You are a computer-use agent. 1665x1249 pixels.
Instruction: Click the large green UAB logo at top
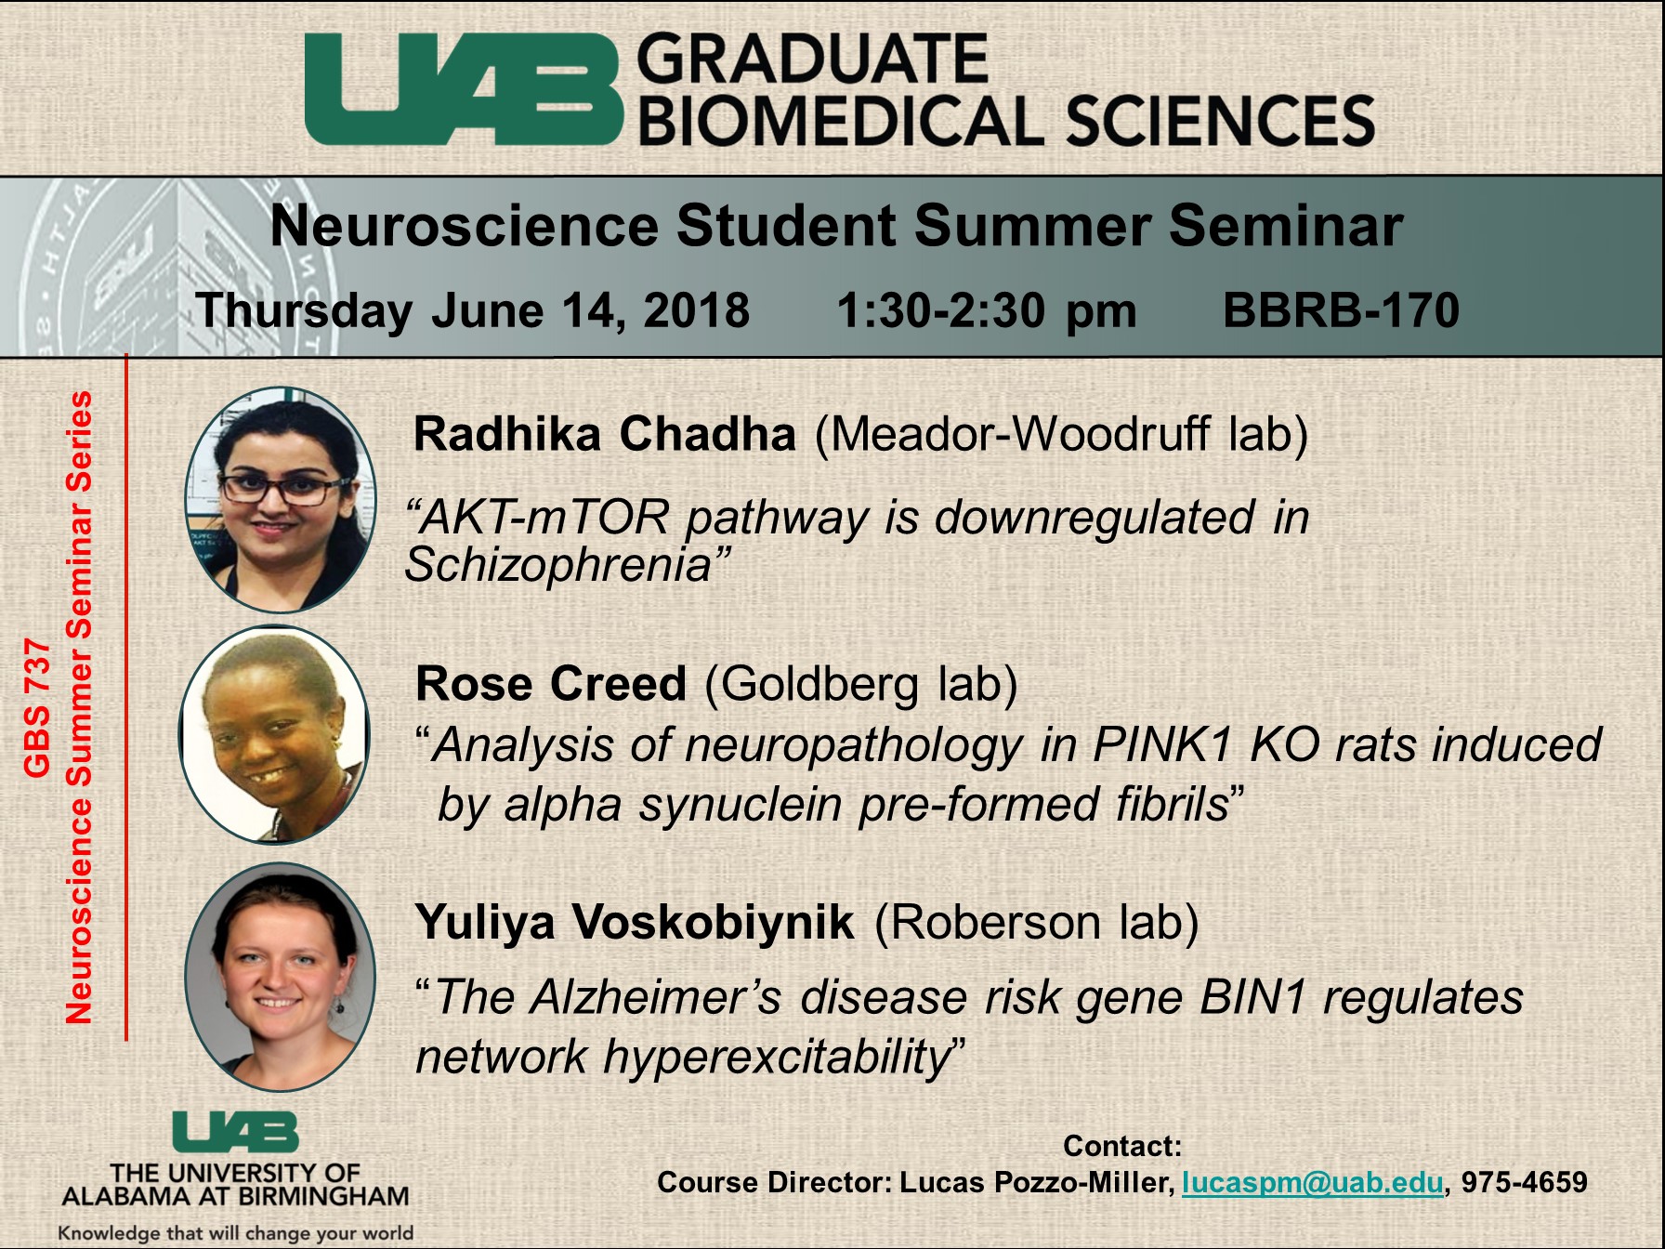pyautogui.click(x=463, y=91)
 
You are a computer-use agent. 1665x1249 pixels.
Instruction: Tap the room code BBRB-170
pyautogui.click(x=1341, y=310)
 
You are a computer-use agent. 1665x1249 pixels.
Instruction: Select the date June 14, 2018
pyautogui.click(x=590, y=311)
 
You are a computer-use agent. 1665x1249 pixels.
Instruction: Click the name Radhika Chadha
pyautogui.click(x=605, y=434)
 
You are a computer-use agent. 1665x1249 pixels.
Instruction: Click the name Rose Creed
pyautogui.click(x=551, y=684)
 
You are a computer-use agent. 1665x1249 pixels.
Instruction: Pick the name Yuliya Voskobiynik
pyautogui.click(x=635, y=922)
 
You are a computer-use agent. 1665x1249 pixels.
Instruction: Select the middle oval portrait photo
pyautogui.click(x=274, y=735)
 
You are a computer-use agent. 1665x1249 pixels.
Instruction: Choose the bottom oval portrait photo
pyautogui.click(x=280, y=977)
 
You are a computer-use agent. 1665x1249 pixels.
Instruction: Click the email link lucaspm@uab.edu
pyautogui.click(x=1313, y=1183)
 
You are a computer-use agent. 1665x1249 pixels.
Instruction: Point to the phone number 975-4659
pyautogui.click(x=1525, y=1182)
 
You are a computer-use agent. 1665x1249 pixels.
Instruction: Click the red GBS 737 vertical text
pyautogui.click(x=36, y=708)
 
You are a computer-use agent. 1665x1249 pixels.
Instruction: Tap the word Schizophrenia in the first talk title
pyautogui.click(x=558, y=565)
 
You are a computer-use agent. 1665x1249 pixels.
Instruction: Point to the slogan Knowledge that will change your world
pyautogui.click(x=236, y=1233)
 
